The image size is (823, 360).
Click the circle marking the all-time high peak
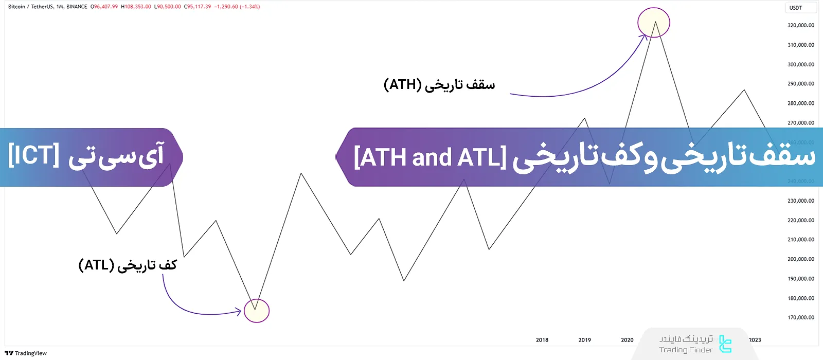(654, 23)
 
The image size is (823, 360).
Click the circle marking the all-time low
(256, 311)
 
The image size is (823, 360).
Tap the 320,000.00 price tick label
(801, 25)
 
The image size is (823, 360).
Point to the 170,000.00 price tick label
(801, 318)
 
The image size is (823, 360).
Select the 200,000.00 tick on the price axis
(801, 259)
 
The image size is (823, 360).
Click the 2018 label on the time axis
(542, 340)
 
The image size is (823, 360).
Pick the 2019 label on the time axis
(584, 340)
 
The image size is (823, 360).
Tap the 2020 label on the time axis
(627, 340)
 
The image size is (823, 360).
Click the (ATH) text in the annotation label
(403, 85)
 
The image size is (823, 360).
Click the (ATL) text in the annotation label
(96, 265)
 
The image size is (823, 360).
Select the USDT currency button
(796, 8)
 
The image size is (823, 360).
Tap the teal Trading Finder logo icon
(725, 344)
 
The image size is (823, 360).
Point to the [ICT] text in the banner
(33, 156)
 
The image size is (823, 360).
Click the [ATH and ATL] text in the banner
(430, 157)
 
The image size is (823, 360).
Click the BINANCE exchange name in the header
(77, 7)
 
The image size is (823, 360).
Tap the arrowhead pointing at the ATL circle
(238, 311)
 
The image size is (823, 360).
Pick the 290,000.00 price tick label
(801, 84)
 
